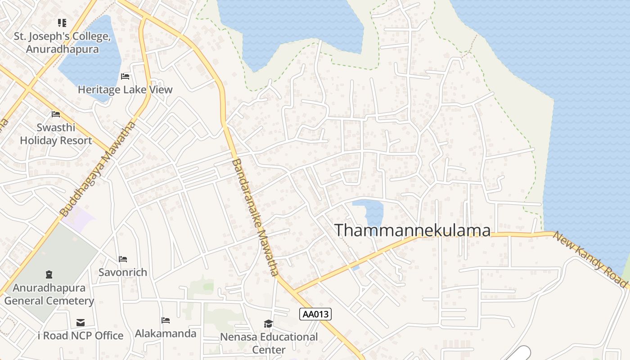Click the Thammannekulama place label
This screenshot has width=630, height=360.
coord(412,230)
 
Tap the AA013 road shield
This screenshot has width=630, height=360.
coord(315,314)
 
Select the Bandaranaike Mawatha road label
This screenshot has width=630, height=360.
coord(255,217)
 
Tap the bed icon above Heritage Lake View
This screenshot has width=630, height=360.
coord(125,76)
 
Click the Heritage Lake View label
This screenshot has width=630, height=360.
coord(125,90)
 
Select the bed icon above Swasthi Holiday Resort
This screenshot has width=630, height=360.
coord(56,114)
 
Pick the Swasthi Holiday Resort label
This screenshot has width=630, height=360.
coord(56,134)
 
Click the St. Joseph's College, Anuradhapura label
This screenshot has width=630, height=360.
coord(62,43)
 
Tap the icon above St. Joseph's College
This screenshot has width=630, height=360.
coord(62,22)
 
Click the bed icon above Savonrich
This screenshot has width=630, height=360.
coord(123,259)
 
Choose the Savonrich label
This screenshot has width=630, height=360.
coord(123,272)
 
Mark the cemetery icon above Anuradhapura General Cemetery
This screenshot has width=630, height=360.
coord(49,274)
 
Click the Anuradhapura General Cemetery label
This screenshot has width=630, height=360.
coord(49,294)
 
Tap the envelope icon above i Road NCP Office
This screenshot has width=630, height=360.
coord(81,323)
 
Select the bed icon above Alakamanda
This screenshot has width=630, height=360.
coord(166,320)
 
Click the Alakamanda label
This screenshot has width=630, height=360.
coord(166,333)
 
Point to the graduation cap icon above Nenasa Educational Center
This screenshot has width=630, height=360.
coord(269,324)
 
